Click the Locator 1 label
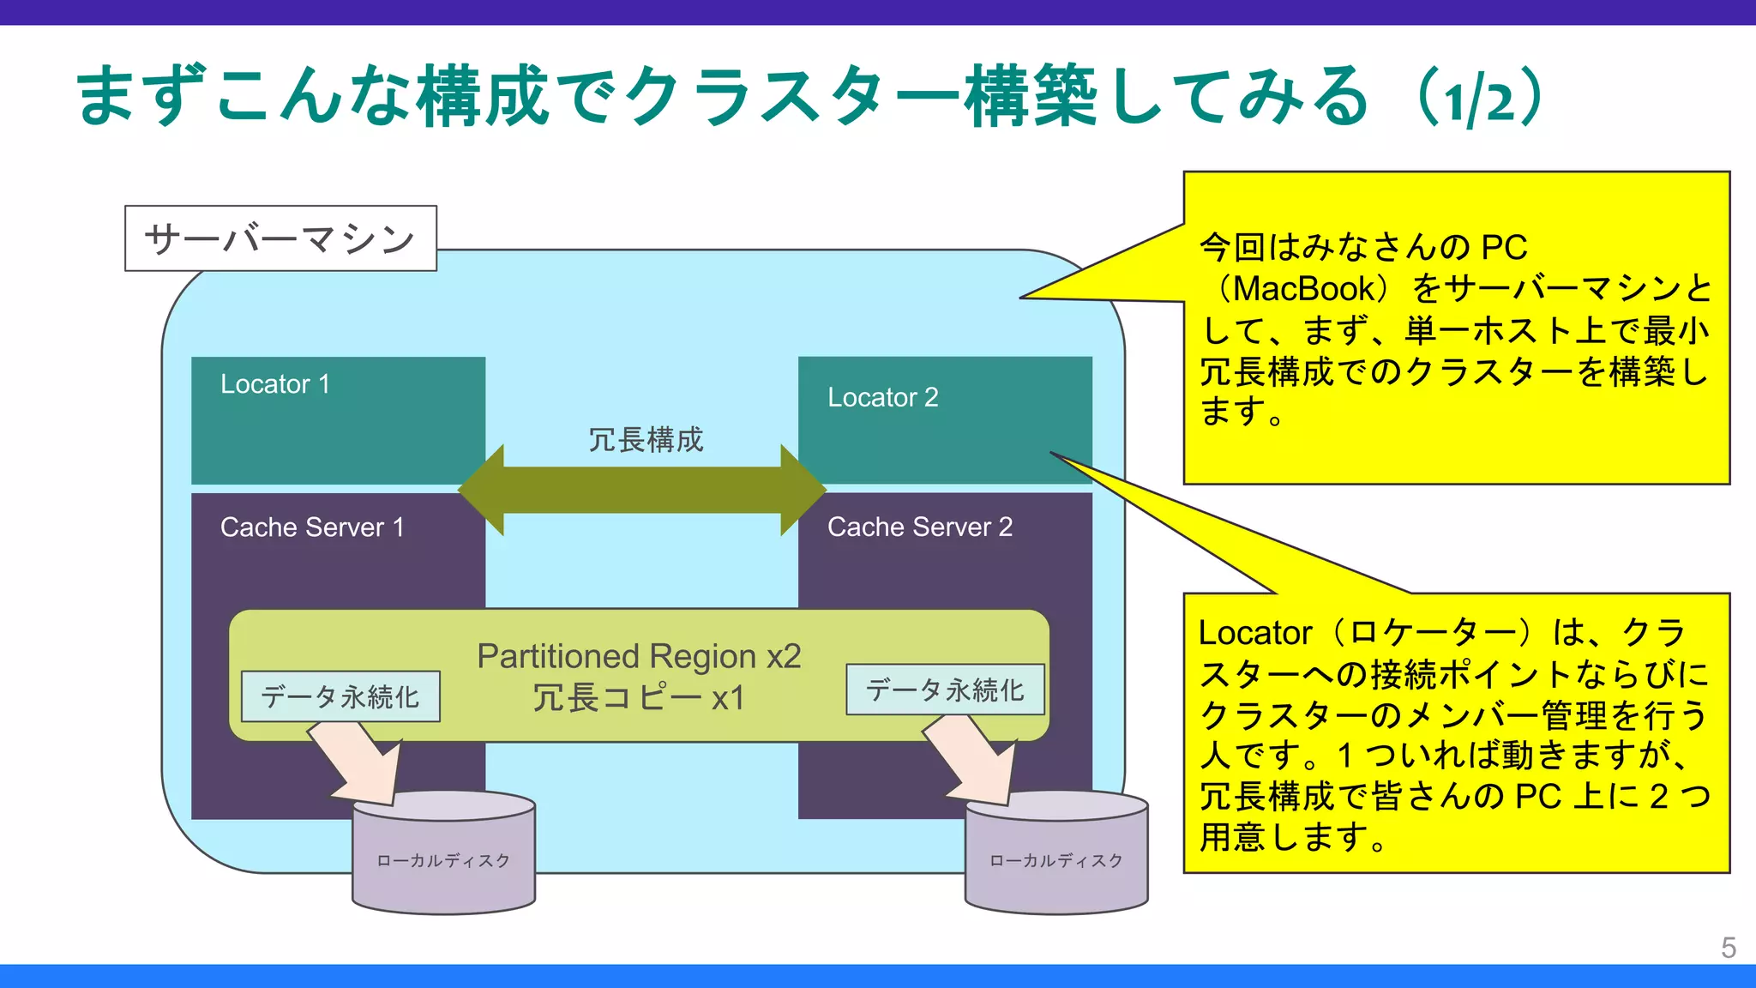(x=274, y=384)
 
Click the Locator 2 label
(x=882, y=398)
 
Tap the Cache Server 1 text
(x=311, y=527)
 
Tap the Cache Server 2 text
(x=919, y=527)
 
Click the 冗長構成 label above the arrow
(x=645, y=440)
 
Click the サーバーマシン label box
(x=280, y=238)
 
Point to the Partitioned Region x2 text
(x=639, y=656)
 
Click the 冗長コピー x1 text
(x=639, y=698)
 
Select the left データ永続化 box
(x=340, y=696)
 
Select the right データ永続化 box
(x=945, y=690)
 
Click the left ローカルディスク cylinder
(x=443, y=861)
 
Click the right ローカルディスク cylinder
(x=1055, y=861)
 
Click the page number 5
(x=1728, y=948)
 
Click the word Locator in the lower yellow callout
(x=1254, y=633)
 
